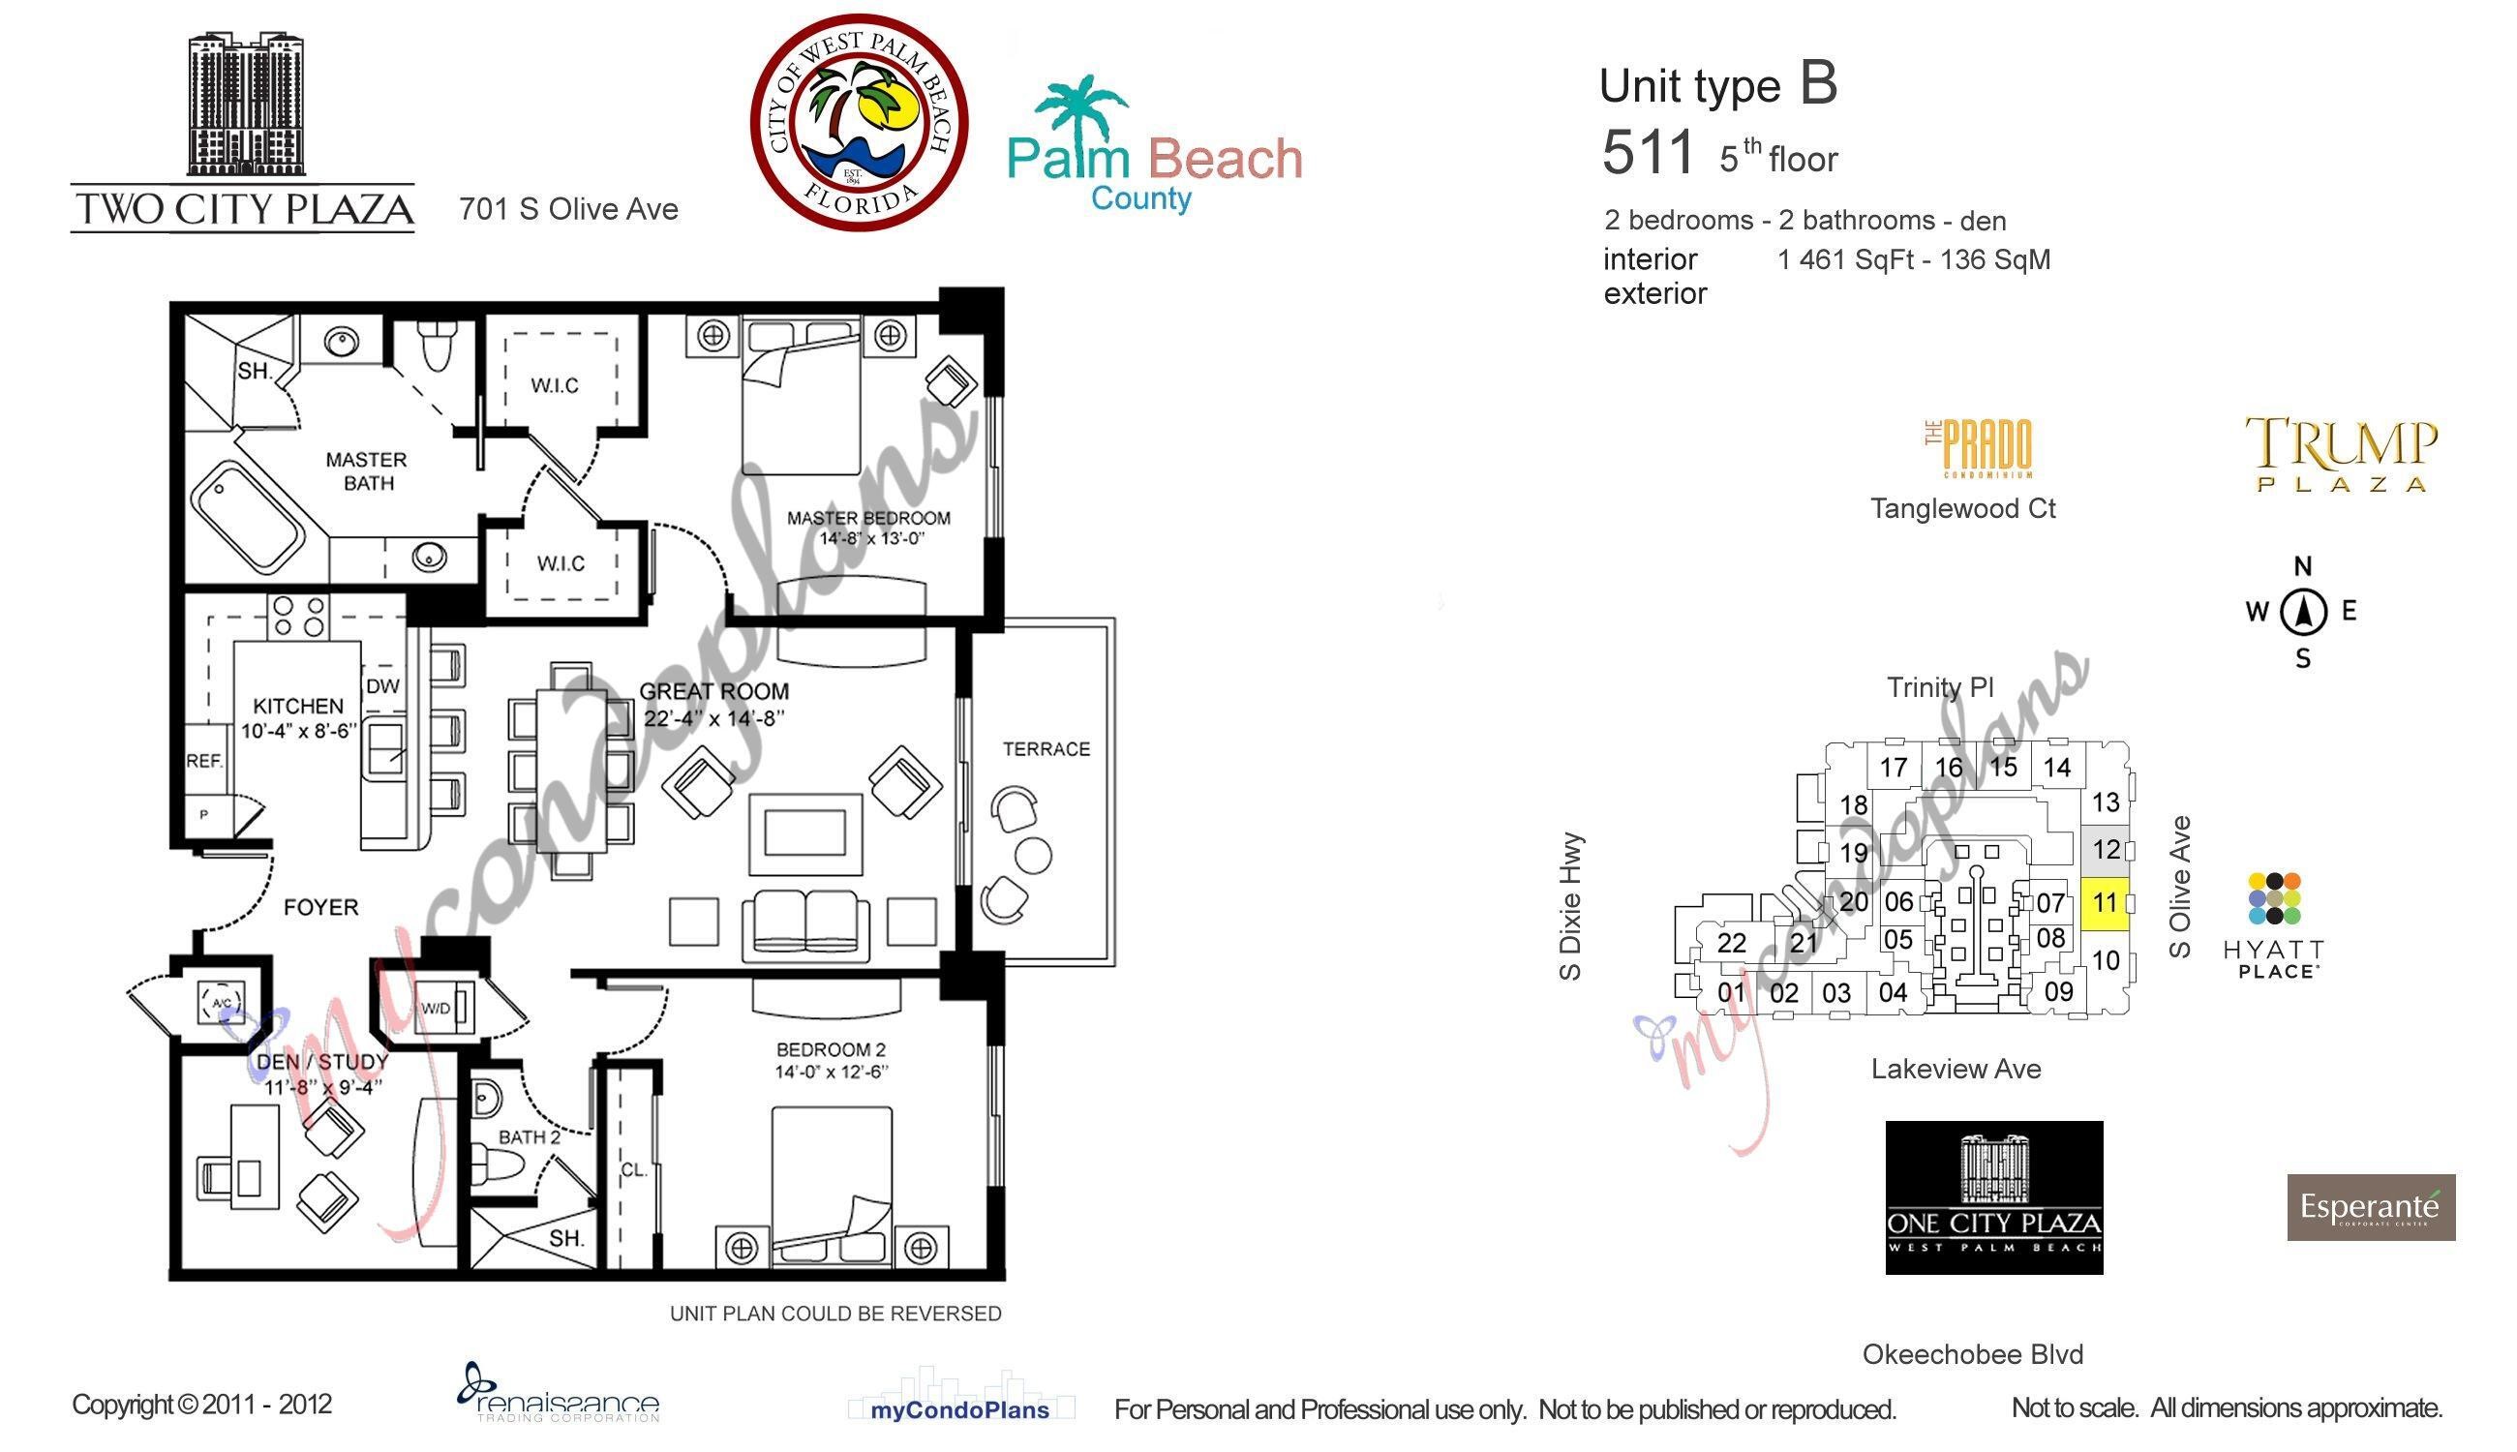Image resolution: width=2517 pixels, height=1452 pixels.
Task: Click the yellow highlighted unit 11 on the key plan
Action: (x=2105, y=903)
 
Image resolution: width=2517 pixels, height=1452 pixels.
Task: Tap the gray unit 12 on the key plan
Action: (x=2106, y=850)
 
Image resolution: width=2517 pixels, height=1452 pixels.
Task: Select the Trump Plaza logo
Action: (x=2342, y=454)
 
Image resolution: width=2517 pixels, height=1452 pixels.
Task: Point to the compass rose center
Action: (x=2303, y=612)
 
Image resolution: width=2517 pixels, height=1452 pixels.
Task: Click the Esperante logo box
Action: (x=2371, y=1207)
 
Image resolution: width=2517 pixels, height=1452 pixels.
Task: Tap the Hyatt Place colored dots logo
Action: (x=2275, y=898)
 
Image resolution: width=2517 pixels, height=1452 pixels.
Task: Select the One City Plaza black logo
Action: (x=1993, y=1196)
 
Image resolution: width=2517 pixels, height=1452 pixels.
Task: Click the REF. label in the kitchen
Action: (x=204, y=761)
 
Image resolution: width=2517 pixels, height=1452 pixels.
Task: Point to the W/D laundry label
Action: (x=436, y=1010)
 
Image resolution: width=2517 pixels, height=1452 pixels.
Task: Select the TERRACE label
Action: (x=1046, y=749)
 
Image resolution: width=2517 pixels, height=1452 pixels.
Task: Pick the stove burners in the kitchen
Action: (x=298, y=616)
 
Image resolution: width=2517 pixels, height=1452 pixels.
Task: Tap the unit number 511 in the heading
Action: (x=1648, y=154)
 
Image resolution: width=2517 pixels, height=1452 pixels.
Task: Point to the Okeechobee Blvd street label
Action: (x=1973, y=1354)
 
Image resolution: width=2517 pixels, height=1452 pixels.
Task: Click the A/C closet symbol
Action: (x=223, y=1001)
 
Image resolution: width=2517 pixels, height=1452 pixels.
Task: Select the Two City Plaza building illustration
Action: (x=245, y=104)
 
